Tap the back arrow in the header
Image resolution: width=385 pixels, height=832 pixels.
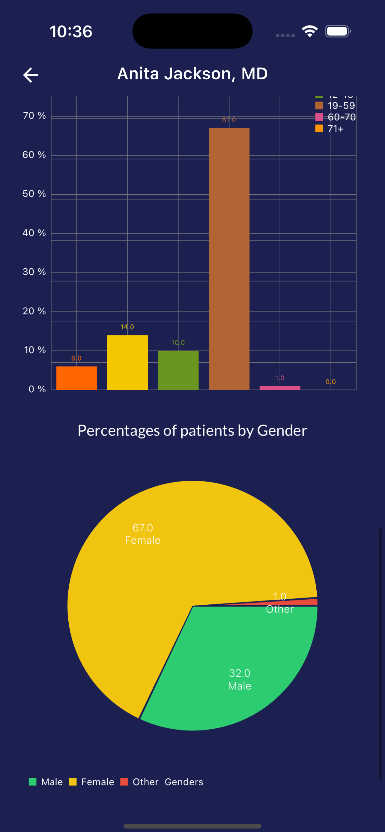pos(31,75)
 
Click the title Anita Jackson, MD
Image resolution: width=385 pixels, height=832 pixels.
pos(192,74)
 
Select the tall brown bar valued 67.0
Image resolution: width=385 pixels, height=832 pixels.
pos(229,258)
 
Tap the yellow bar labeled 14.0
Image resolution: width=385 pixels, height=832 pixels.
pos(127,362)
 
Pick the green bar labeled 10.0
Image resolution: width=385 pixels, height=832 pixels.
pos(178,370)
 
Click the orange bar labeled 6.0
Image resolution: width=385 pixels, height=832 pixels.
pos(76,378)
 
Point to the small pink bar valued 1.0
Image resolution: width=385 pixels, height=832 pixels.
pos(280,388)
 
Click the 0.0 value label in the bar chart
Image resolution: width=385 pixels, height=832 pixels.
pos(330,382)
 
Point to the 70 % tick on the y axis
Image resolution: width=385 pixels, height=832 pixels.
pos(34,116)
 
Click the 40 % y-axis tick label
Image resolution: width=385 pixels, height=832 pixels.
pos(34,233)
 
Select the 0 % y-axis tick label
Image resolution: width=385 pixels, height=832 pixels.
pos(37,389)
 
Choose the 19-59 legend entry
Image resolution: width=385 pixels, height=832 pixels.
pos(336,106)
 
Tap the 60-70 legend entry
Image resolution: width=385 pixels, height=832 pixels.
pos(336,117)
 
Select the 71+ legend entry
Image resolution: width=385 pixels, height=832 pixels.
pos(330,128)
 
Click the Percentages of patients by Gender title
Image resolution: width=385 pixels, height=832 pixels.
pos(192,431)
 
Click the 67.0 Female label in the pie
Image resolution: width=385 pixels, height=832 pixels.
pos(142,534)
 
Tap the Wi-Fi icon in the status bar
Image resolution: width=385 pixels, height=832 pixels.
pos(310,31)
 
